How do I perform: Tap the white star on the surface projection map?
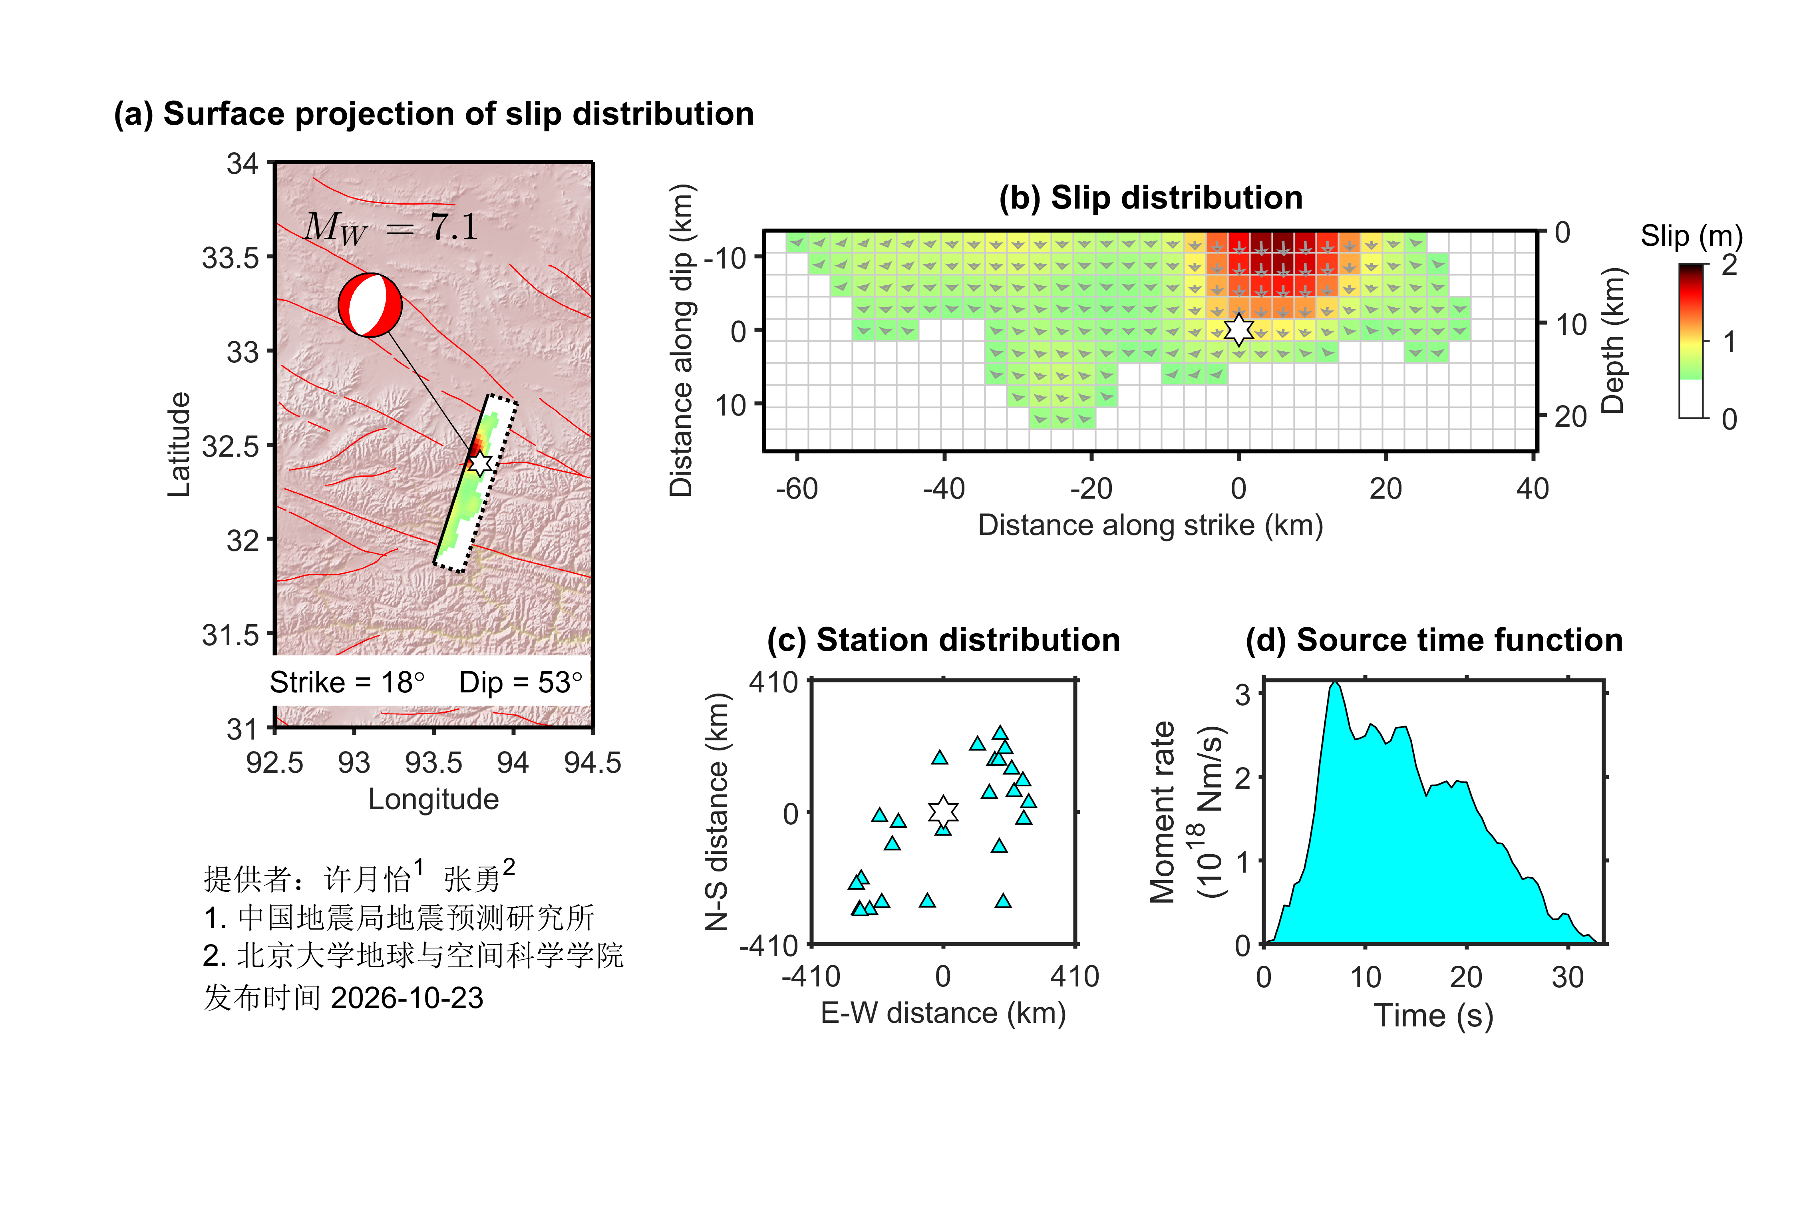point(480,463)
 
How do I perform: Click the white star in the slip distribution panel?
point(1238,330)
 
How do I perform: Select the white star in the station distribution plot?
point(943,812)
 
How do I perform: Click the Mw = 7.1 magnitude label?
point(391,228)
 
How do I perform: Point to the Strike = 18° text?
point(347,682)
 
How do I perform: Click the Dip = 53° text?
point(521,682)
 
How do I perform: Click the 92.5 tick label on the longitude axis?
point(274,762)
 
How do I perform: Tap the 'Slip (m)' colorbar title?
point(1691,235)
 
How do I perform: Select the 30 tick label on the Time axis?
point(1568,978)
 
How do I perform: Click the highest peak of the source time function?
point(1335,682)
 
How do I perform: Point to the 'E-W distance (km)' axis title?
point(943,1013)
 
